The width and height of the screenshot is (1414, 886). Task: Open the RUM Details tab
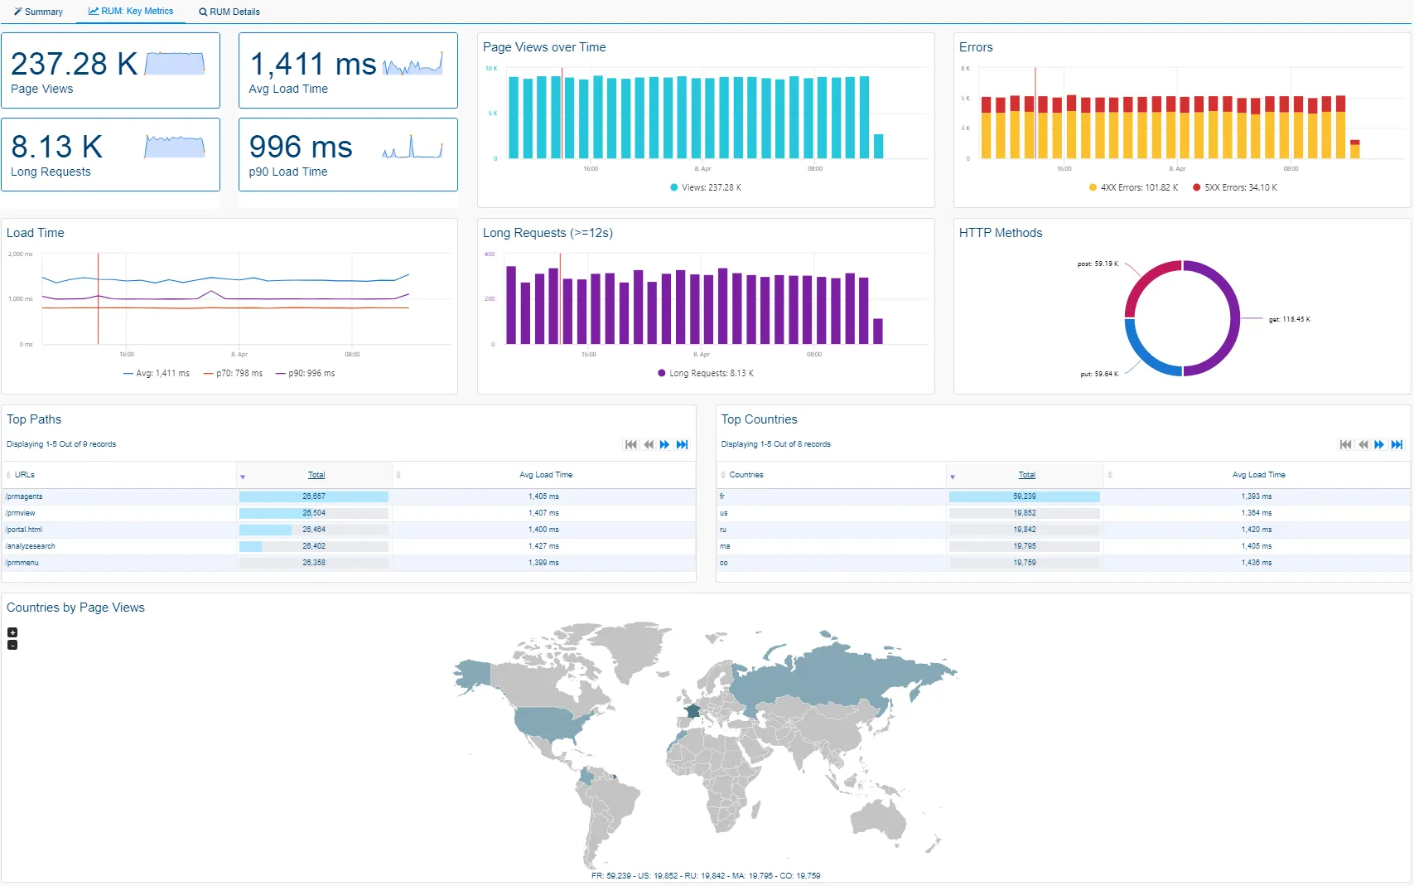pos(229,12)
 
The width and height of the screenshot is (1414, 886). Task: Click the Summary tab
pos(38,12)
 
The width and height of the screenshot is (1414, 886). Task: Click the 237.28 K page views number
pos(74,64)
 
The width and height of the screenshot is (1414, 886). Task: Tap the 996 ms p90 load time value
pos(301,147)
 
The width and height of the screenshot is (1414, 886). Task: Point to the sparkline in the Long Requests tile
pos(174,147)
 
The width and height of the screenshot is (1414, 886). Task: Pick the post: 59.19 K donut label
pos(1097,264)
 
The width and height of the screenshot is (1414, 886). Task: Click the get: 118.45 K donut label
pos(1289,319)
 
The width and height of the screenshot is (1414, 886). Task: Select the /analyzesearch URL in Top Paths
pos(31,546)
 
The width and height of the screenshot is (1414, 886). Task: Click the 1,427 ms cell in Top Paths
pos(543,546)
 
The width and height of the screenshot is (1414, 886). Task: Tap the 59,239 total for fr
pos(1024,496)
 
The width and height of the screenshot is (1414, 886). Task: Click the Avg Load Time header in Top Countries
pos(1257,475)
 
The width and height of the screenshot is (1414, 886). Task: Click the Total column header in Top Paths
pos(316,475)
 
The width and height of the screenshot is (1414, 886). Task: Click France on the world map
pos(693,711)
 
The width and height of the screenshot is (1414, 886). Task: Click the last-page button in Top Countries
pos(1397,445)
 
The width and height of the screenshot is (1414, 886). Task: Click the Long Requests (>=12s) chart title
pos(548,233)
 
